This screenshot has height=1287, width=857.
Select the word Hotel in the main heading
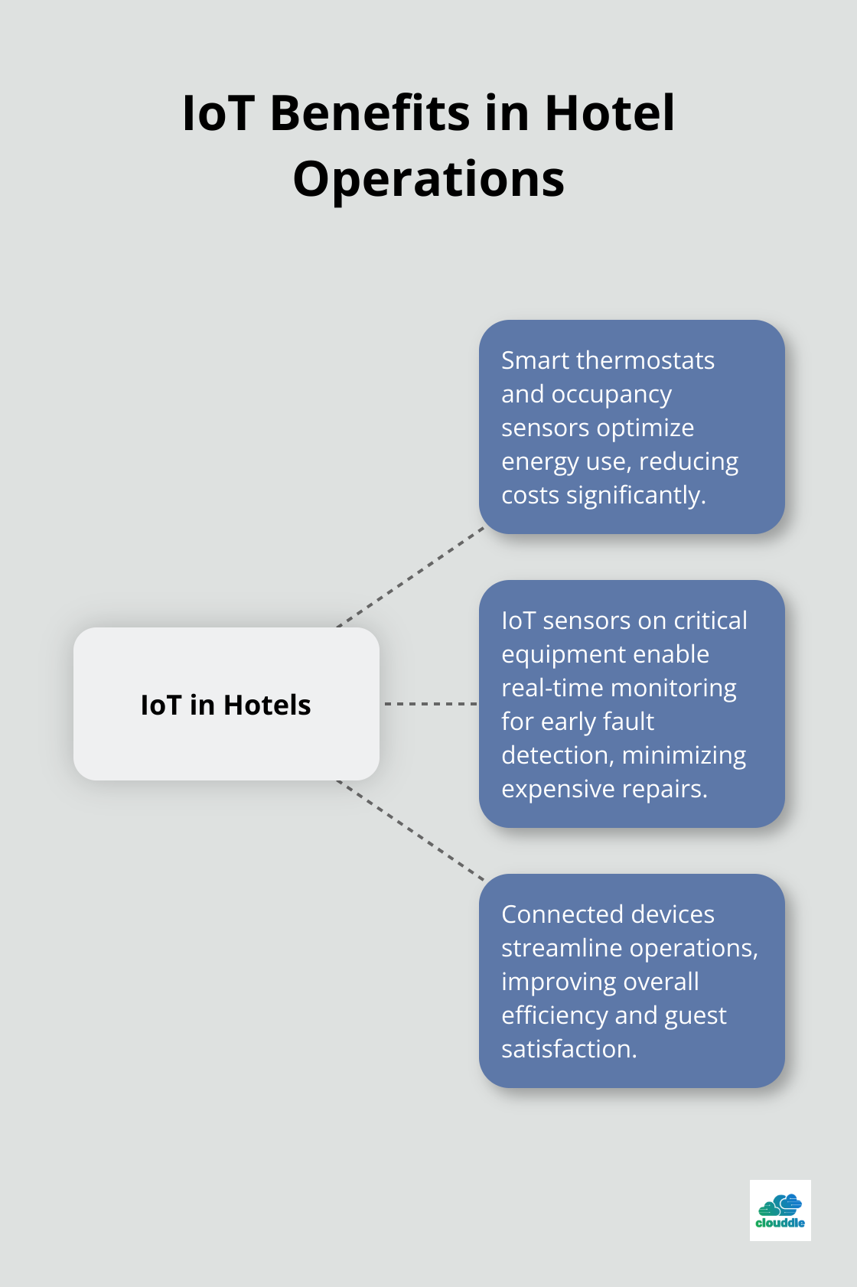point(609,113)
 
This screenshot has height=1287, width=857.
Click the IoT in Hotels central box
point(226,704)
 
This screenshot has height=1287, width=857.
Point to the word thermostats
point(645,360)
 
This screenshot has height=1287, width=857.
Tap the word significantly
point(636,496)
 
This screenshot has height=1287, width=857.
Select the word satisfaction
point(569,1049)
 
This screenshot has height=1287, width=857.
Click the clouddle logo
point(780,1210)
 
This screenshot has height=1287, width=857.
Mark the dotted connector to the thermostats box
point(411,577)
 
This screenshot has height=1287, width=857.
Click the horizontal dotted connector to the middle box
point(430,703)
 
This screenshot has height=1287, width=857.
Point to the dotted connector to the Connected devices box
point(411,830)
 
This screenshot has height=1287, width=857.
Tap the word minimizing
point(684,755)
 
